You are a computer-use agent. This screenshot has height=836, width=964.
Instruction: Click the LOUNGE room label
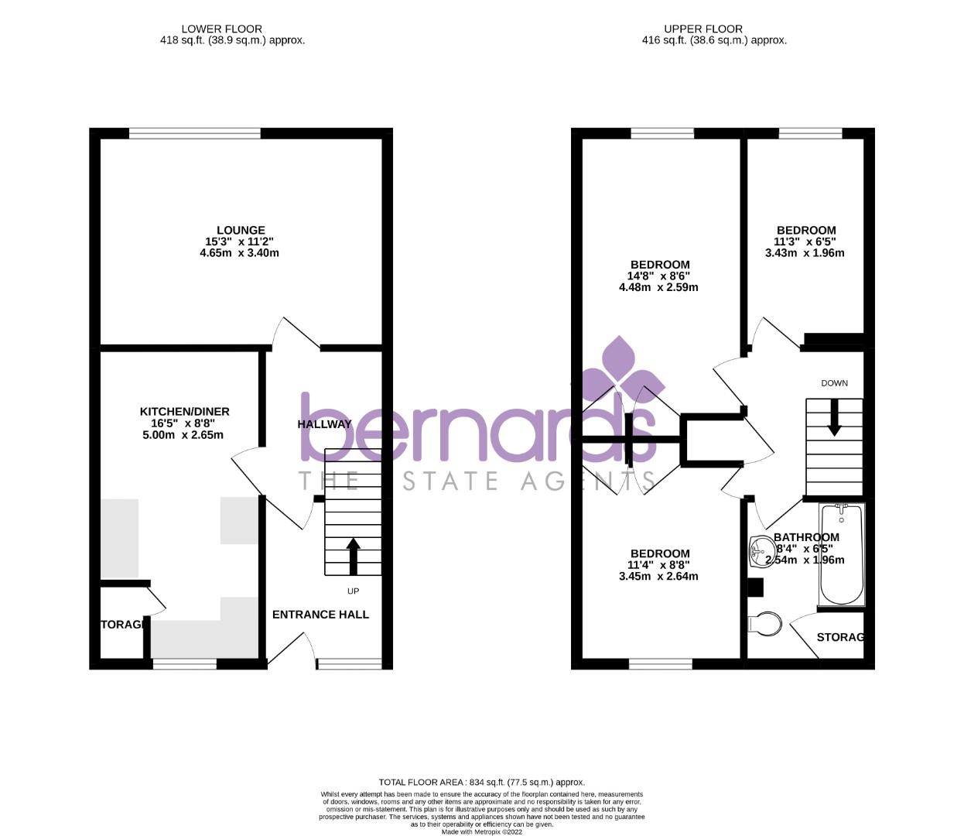(x=241, y=230)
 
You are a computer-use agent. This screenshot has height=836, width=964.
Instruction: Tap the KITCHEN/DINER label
(x=184, y=411)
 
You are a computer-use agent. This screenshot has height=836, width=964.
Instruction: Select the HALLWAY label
(x=325, y=424)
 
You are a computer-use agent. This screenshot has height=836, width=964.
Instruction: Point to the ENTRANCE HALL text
(x=320, y=615)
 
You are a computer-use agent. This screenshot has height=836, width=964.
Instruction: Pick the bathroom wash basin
(x=761, y=551)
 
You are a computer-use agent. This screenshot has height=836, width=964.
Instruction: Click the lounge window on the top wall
(x=195, y=133)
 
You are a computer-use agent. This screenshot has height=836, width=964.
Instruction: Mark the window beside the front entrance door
(x=349, y=663)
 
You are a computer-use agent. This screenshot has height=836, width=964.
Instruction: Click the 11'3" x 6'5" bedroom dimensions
(x=805, y=242)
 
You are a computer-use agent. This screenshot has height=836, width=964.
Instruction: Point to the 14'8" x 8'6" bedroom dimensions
(x=658, y=276)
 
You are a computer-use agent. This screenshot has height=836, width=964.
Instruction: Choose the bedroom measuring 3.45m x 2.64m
(x=659, y=564)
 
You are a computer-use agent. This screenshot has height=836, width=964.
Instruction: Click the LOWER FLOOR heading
(x=221, y=29)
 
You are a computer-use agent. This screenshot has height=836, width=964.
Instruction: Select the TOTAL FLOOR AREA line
(x=481, y=783)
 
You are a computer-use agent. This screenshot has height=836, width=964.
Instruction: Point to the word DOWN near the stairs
(x=834, y=383)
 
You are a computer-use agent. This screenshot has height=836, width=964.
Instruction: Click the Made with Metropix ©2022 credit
(x=481, y=832)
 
